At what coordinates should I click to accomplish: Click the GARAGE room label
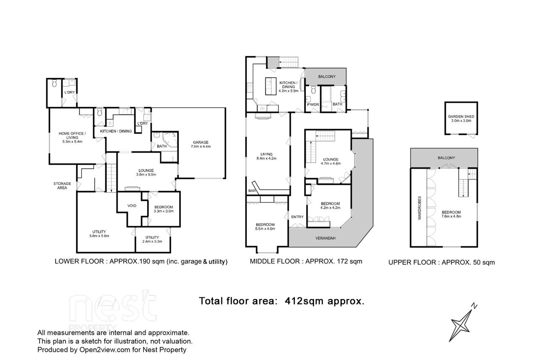[x=201, y=142]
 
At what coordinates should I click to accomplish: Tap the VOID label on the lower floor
[x=132, y=206]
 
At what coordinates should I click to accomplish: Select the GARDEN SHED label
[x=461, y=116]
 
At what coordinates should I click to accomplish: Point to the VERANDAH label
[x=326, y=238]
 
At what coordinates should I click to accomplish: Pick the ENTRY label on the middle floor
[x=297, y=217]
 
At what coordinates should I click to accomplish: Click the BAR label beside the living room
[x=252, y=191]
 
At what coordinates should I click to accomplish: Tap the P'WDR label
[x=313, y=105]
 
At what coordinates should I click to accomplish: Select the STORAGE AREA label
[x=62, y=185]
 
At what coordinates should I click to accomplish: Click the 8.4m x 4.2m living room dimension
[x=266, y=159]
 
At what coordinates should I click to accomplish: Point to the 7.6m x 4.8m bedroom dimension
[x=451, y=216]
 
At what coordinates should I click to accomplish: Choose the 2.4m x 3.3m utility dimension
[x=152, y=241]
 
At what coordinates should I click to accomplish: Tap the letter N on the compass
[x=474, y=306]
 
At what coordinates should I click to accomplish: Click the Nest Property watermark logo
[x=113, y=310]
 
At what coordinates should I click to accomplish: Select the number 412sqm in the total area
[x=304, y=301]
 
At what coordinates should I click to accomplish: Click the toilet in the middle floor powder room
[x=313, y=90]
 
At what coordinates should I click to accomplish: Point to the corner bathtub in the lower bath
[x=170, y=139]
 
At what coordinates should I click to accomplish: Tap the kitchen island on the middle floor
[x=271, y=86]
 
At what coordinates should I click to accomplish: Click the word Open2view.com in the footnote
[x=105, y=350]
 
